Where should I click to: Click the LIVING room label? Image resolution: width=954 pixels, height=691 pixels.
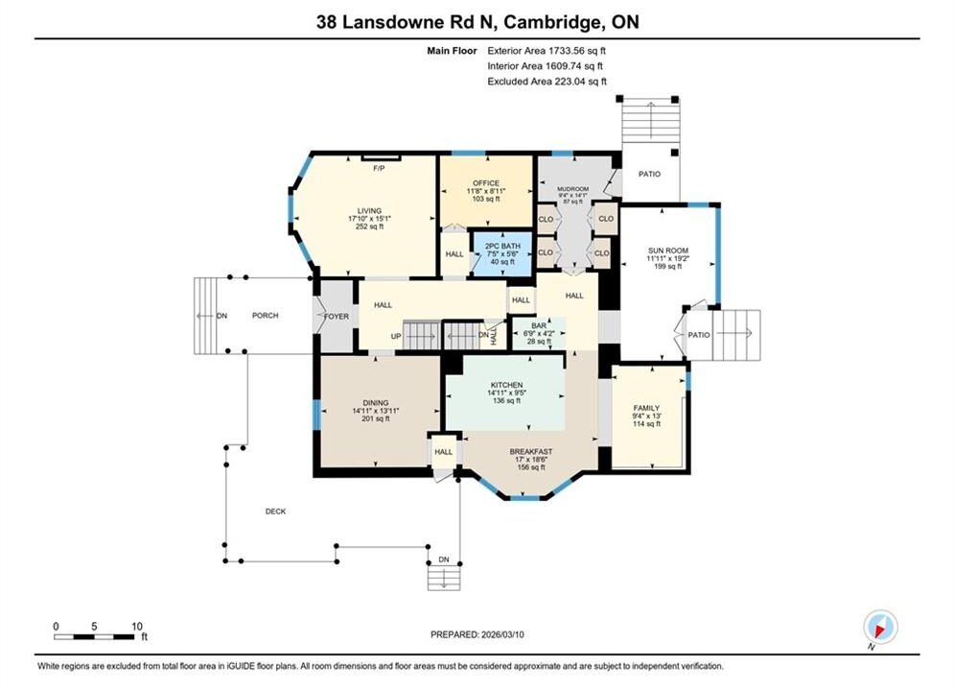pyautogui.click(x=369, y=210)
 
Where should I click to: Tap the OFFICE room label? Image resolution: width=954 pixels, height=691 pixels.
pyautogui.click(x=486, y=182)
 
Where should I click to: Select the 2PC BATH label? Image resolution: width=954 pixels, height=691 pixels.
pyautogui.click(x=502, y=246)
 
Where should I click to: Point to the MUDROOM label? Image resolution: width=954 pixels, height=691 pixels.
pyautogui.click(x=573, y=189)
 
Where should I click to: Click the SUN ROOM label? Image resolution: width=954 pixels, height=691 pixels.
pyautogui.click(x=668, y=250)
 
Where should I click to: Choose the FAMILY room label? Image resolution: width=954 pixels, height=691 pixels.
pyautogui.click(x=646, y=408)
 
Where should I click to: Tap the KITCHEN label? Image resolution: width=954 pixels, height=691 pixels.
pyautogui.click(x=507, y=385)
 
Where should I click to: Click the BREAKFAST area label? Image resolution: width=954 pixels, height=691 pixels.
pyautogui.click(x=531, y=452)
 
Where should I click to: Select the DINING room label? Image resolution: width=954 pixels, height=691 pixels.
pyautogui.click(x=376, y=402)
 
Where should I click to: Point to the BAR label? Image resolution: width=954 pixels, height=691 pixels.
pyautogui.click(x=539, y=325)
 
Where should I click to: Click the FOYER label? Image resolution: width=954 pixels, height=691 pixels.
pyautogui.click(x=337, y=316)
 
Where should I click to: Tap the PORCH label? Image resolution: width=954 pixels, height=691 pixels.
pyautogui.click(x=266, y=316)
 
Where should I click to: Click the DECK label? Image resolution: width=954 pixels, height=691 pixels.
pyautogui.click(x=275, y=512)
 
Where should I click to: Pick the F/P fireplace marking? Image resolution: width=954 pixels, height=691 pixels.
pyautogui.click(x=379, y=168)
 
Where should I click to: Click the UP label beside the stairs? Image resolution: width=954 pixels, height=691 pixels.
pyautogui.click(x=396, y=336)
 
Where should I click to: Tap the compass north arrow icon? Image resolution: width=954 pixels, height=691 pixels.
pyautogui.click(x=880, y=626)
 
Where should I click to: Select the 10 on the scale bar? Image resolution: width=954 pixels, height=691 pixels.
pyautogui.click(x=137, y=626)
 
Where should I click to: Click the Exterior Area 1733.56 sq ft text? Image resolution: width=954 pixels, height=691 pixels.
pyautogui.click(x=547, y=51)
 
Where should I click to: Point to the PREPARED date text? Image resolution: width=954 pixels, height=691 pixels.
pyautogui.click(x=477, y=634)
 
